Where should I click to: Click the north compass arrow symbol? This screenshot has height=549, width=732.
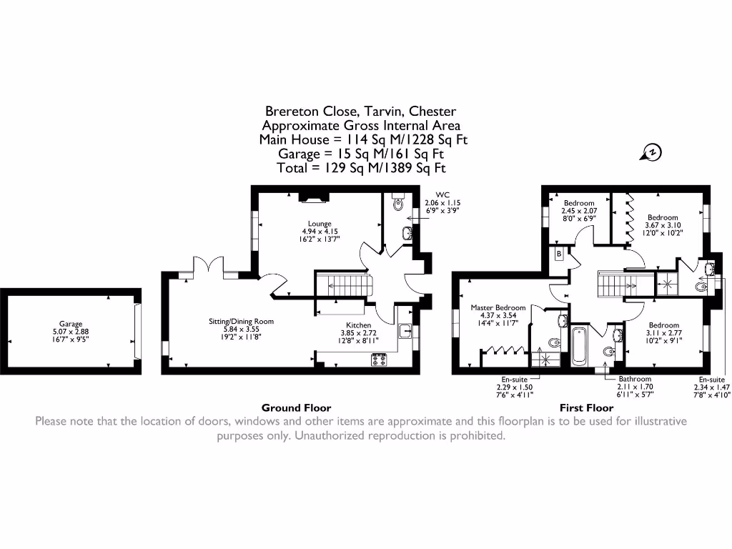click(x=651, y=152)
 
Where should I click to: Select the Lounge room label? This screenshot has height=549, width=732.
click(x=320, y=224)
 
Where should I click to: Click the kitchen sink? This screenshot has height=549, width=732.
click(x=405, y=330)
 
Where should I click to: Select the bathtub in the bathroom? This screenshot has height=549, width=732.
click(x=578, y=345)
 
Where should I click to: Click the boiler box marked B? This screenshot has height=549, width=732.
click(x=558, y=254)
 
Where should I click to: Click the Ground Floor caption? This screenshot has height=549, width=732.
click(x=296, y=407)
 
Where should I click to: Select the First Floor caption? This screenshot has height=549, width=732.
click(x=586, y=407)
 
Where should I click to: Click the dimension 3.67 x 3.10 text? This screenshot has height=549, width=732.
click(x=663, y=225)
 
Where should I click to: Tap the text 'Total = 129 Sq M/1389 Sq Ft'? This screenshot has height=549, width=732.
click(x=361, y=168)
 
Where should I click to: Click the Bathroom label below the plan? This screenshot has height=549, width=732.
click(x=635, y=379)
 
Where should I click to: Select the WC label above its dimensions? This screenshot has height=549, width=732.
click(x=443, y=194)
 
